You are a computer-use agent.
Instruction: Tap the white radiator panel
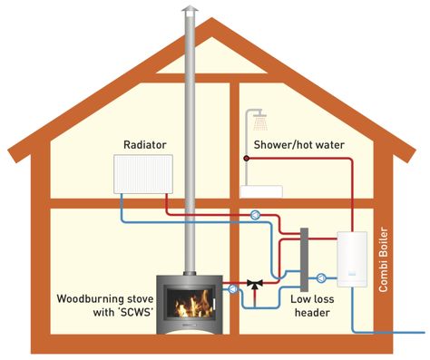[x=143, y=172]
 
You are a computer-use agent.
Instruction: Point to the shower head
[x=260, y=120]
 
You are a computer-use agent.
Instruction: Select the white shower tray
[x=261, y=191]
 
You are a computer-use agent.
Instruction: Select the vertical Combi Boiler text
[x=384, y=259]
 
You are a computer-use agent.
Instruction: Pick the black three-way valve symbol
[x=256, y=285]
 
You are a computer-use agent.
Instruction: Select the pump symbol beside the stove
[x=235, y=287]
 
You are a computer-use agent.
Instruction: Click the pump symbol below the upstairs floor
[x=257, y=216]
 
